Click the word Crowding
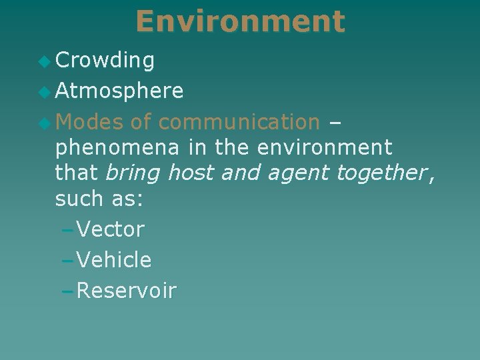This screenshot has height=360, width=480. click(x=105, y=61)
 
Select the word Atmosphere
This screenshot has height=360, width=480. click(x=119, y=91)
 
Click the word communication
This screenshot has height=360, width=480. click(x=239, y=122)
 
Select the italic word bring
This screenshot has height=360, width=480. click(x=133, y=173)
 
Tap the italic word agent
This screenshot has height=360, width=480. click(x=299, y=174)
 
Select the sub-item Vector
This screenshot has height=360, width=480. click(x=110, y=229)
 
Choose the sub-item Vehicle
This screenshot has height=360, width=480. click(x=114, y=260)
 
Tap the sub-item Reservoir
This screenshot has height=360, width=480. click(x=126, y=291)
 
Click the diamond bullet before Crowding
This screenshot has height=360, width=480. click(x=45, y=61)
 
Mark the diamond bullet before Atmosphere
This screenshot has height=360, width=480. click(x=45, y=92)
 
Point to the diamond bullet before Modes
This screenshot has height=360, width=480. click(x=45, y=123)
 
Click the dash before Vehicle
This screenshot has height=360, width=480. click(x=66, y=260)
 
